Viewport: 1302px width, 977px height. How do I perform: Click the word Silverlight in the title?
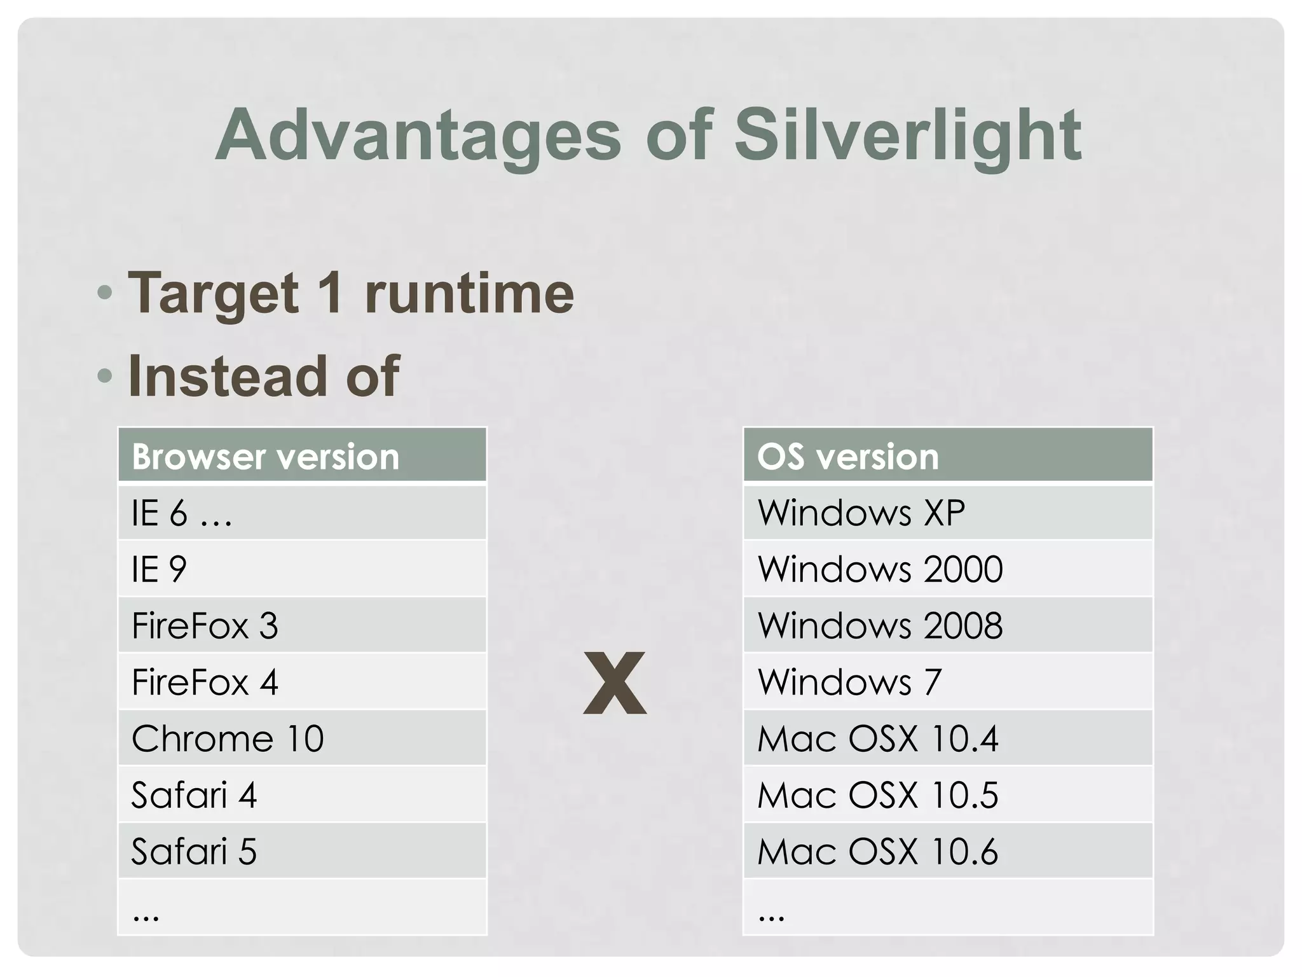(907, 135)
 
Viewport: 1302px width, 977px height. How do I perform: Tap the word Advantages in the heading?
(418, 135)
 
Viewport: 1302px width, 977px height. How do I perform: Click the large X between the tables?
(615, 683)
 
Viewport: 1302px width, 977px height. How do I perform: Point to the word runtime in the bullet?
(469, 293)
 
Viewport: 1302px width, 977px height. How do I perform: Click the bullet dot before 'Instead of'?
(105, 376)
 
